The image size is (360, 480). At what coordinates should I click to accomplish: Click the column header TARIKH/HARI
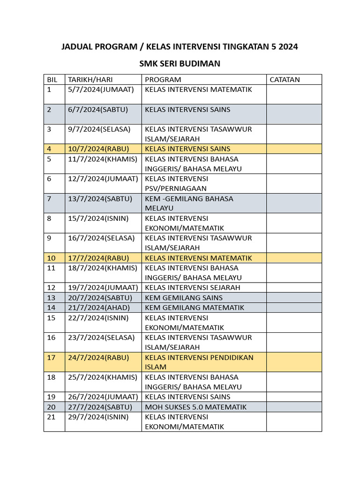tap(90, 80)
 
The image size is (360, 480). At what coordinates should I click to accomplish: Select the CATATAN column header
tap(285, 80)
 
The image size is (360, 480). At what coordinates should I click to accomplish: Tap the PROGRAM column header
tap(163, 80)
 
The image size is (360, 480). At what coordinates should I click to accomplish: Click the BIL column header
tap(52, 80)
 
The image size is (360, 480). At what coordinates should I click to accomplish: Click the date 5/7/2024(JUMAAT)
tap(101, 90)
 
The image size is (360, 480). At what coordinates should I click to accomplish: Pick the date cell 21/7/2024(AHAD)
tap(99, 307)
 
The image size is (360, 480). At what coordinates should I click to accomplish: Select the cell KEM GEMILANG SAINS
tap(184, 298)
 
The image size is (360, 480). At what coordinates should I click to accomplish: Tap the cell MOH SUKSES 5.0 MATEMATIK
tap(195, 407)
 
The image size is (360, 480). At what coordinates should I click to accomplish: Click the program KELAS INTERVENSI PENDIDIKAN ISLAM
tap(199, 362)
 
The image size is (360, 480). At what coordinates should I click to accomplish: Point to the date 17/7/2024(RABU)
tap(98, 258)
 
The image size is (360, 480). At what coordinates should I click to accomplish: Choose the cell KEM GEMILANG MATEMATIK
tap(195, 307)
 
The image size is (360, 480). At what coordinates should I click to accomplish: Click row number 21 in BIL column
tap(52, 417)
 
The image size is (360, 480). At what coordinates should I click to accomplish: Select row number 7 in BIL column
tap(50, 199)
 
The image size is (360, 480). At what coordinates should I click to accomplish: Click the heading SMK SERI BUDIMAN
tap(180, 64)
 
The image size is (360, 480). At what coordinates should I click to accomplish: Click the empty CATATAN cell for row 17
tap(294, 362)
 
